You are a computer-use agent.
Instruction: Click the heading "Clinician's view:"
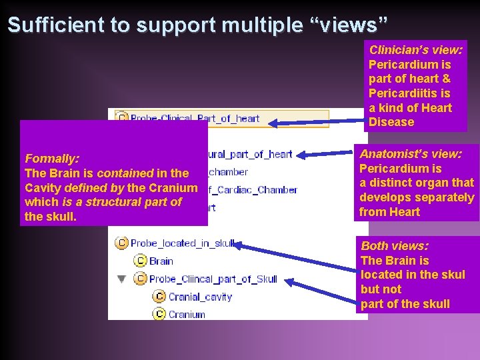tap(415, 50)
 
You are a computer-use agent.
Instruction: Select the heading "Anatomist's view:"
tap(411, 153)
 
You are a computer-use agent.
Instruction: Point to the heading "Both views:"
tap(395, 246)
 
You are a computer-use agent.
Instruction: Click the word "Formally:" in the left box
tap(52, 159)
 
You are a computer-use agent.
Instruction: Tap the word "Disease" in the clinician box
tap(391, 122)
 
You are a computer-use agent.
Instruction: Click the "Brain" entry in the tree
tap(161, 261)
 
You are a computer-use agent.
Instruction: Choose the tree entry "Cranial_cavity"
tap(200, 297)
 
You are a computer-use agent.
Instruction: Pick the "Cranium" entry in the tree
tap(187, 314)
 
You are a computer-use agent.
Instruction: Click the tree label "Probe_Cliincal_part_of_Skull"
tap(213, 279)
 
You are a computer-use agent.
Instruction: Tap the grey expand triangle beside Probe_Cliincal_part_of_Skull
tap(121, 279)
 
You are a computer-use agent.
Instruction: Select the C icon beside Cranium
tap(159, 314)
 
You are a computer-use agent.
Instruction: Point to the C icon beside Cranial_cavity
tap(159, 297)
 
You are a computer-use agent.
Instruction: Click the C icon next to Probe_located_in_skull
tap(122, 243)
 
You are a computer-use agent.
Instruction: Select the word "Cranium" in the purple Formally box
tap(175, 188)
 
